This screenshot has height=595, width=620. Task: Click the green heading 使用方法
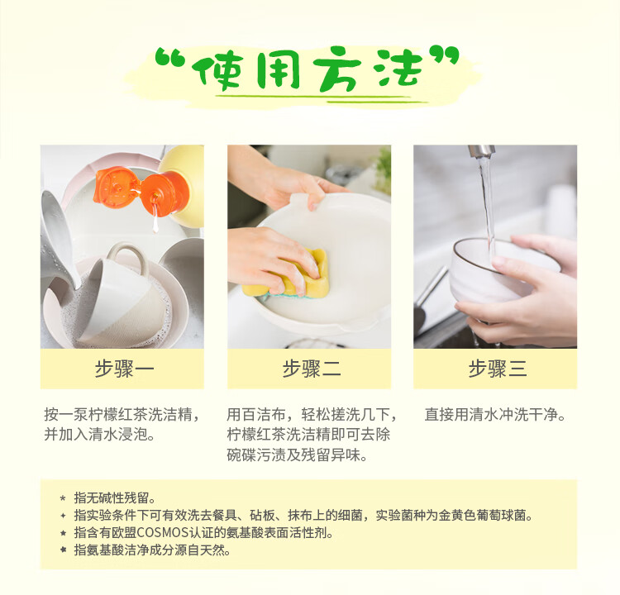[311, 70]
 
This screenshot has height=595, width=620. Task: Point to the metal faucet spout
[481, 151]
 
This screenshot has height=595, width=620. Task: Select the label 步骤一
[123, 369]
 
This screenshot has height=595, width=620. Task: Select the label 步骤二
[310, 369]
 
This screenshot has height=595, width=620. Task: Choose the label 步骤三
[497, 369]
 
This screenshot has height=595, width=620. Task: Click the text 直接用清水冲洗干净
[494, 414]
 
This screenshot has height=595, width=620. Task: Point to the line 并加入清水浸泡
[99, 435]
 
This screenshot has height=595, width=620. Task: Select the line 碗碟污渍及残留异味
[298, 455]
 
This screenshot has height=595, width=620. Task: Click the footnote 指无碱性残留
[115, 497]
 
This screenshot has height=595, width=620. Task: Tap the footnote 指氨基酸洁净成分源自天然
[152, 550]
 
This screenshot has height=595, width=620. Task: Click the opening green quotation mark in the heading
[170, 56]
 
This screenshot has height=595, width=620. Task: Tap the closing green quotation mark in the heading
[446, 56]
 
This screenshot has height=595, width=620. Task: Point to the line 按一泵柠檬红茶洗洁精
[122, 414]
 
